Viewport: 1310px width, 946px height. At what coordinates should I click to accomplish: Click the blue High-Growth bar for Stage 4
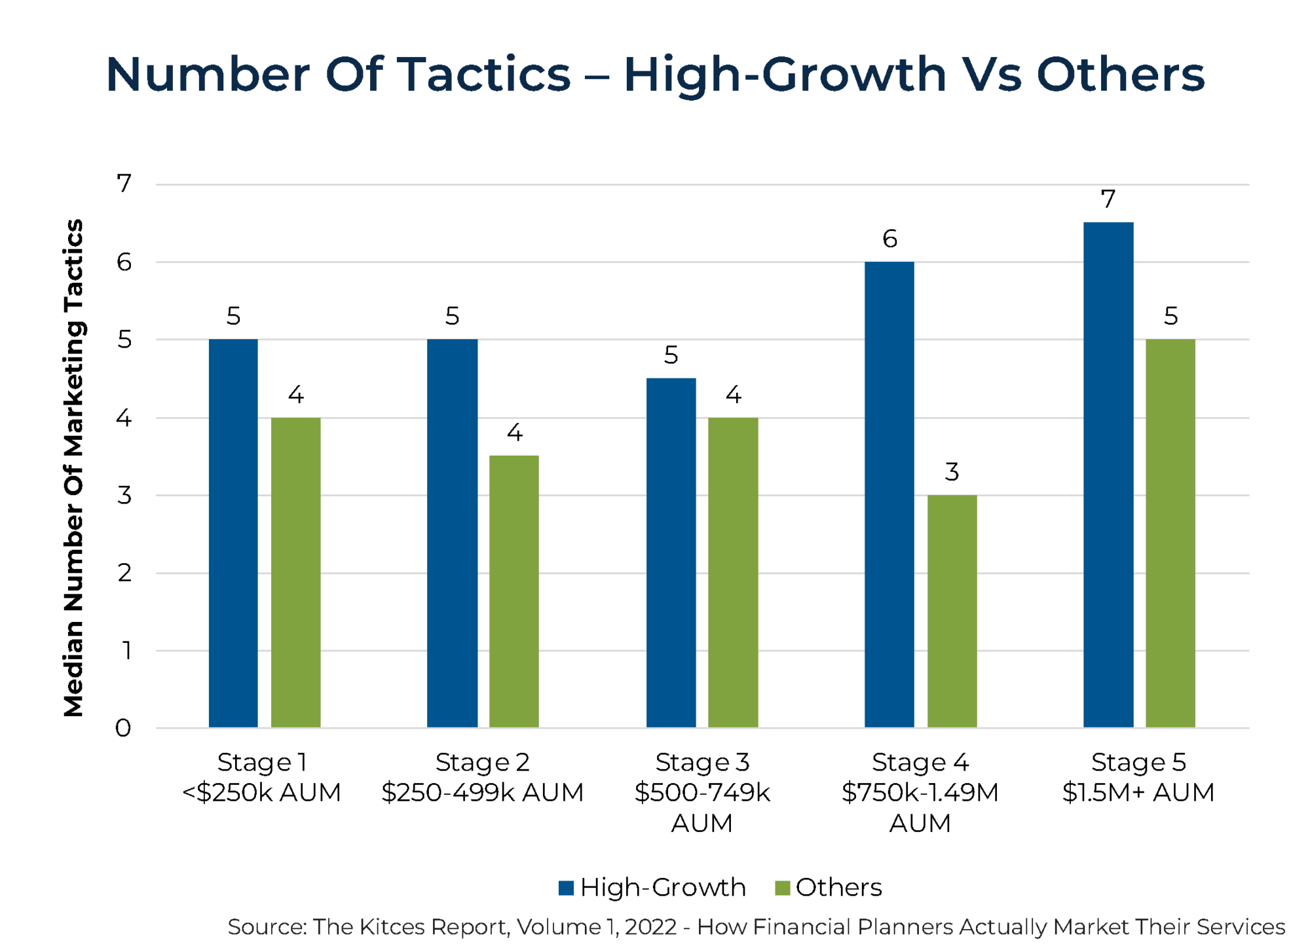(889, 494)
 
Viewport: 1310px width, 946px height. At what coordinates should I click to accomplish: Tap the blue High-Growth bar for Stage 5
(1108, 475)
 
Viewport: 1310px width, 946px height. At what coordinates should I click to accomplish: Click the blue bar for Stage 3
(671, 553)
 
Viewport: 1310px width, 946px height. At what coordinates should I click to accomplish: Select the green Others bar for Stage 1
(296, 572)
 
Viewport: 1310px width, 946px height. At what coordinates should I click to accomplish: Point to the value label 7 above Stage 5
(1108, 199)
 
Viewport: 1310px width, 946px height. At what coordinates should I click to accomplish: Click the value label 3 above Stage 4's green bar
(952, 471)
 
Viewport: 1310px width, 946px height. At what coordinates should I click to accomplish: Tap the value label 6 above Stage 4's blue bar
(889, 239)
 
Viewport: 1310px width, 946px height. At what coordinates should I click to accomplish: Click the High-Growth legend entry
(652, 887)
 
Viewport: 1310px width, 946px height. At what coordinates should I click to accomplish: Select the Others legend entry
(829, 887)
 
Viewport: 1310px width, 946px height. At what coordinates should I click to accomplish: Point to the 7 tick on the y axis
(124, 184)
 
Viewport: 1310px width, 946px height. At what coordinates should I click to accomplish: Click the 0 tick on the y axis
(123, 728)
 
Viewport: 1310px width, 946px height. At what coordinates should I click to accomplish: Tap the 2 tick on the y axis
(124, 573)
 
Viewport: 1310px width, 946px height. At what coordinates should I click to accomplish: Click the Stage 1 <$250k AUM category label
(261, 777)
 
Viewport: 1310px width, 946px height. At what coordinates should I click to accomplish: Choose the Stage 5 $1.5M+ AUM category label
(1138, 777)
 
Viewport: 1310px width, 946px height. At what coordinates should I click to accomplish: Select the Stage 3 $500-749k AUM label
(702, 792)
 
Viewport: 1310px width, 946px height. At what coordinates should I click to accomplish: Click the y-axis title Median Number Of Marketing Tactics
(73, 468)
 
